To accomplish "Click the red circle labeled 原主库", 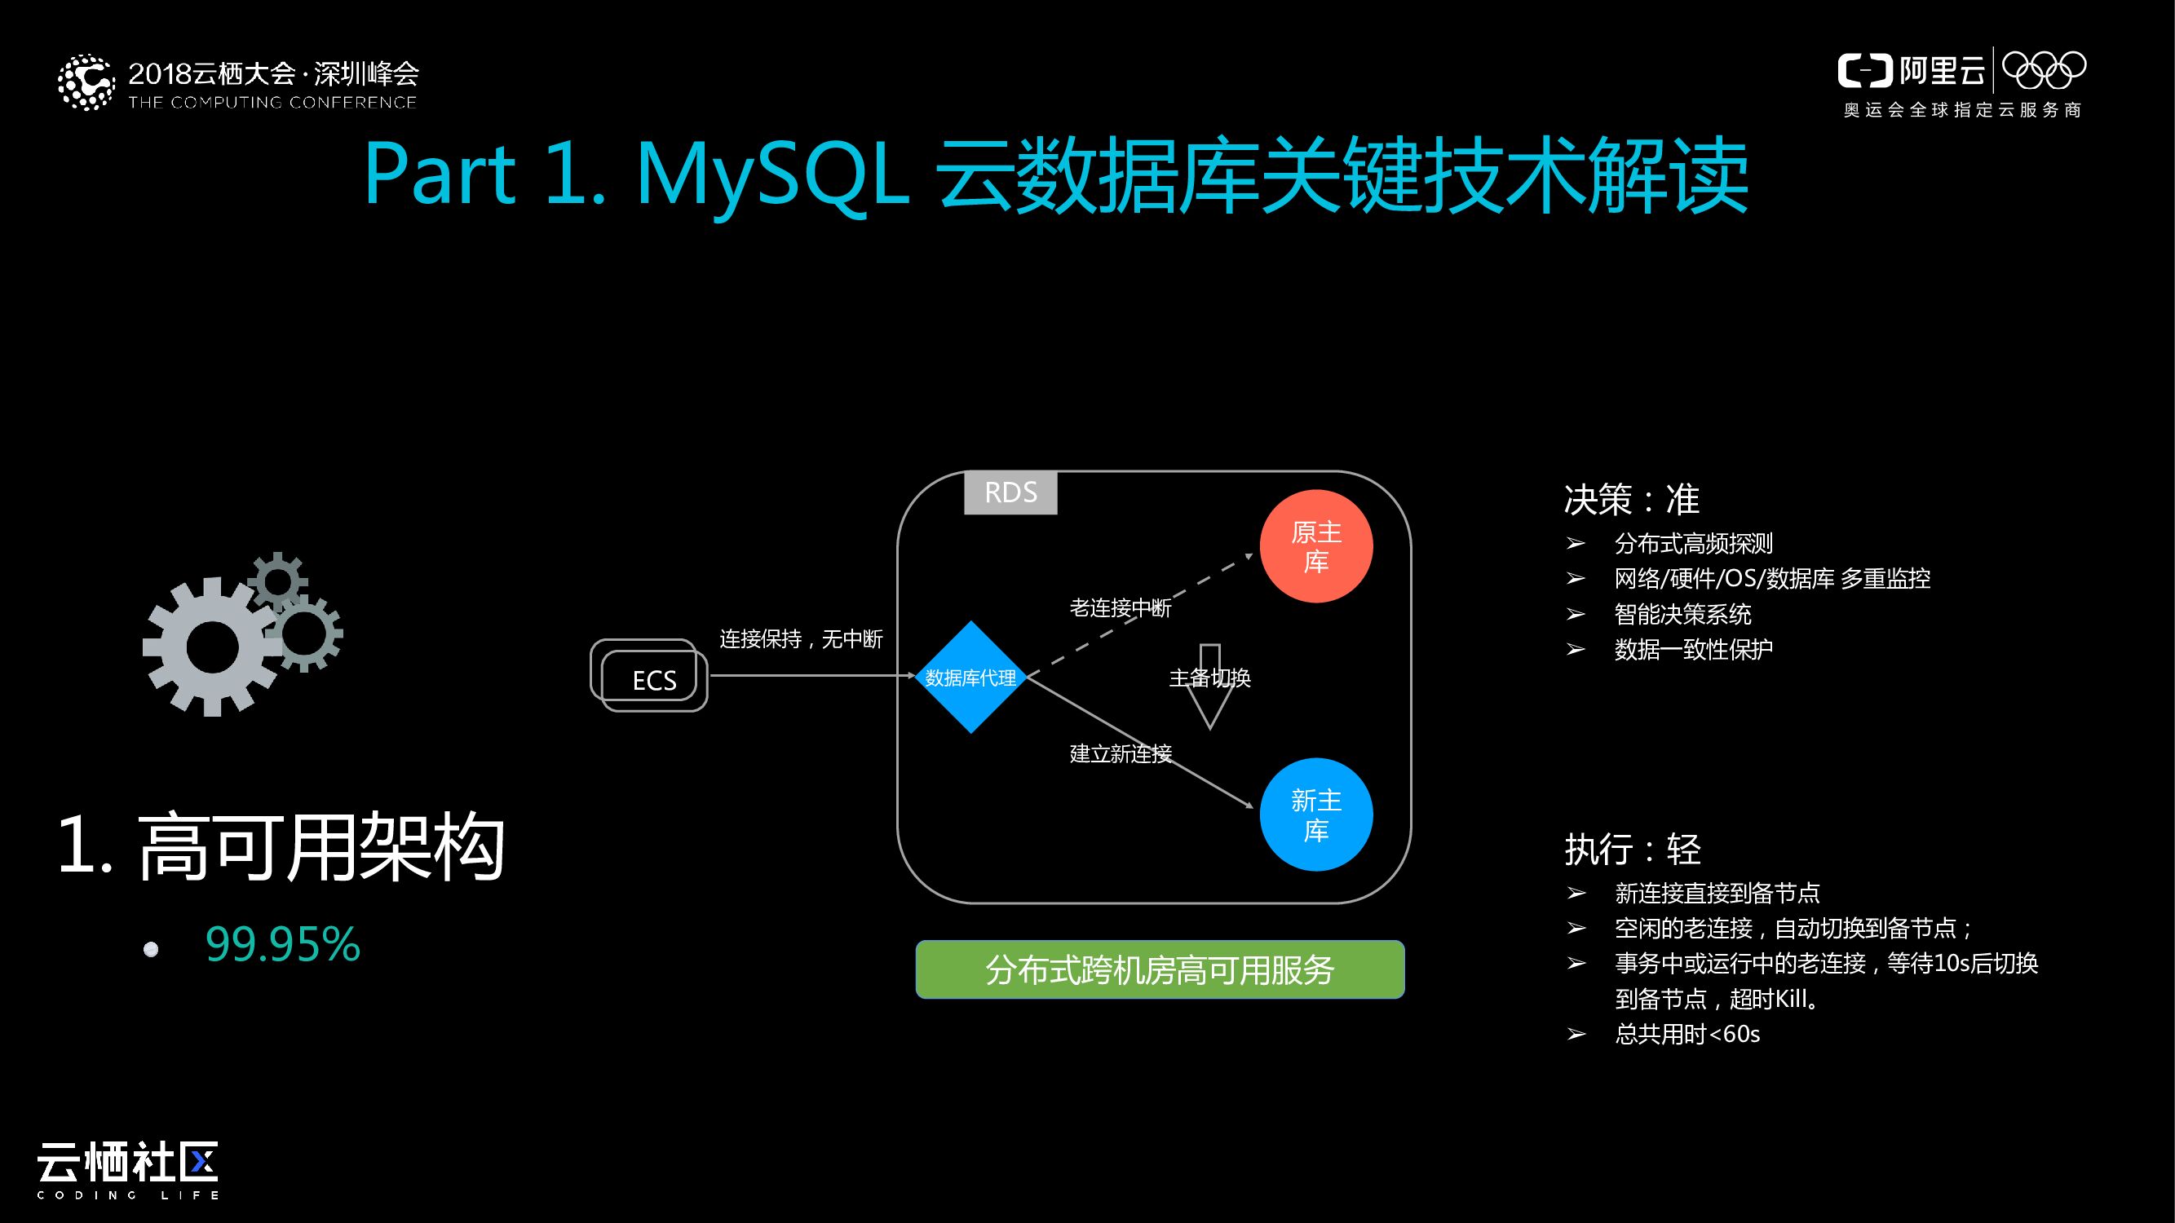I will (x=1315, y=546).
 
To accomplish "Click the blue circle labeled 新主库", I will (x=1315, y=815).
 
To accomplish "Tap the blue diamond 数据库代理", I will (x=970, y=677).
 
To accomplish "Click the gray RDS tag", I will (x=1010, y=492).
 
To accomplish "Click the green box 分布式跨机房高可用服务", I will (x=1160, y=969).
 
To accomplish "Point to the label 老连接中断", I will (x=1120, y=607).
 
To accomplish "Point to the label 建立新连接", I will (x=1120, y=753).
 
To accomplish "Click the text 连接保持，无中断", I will (x=800, y=639).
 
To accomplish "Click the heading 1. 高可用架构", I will (x=281, y=846).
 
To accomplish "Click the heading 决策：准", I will (x=1631, y=499).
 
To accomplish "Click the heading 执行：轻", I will (x=1631, y=849).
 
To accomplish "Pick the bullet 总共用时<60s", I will (x=1687, y=1034).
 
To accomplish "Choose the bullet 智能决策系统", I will (x=1682, y=614).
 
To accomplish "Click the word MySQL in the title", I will (x=771, y=174).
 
